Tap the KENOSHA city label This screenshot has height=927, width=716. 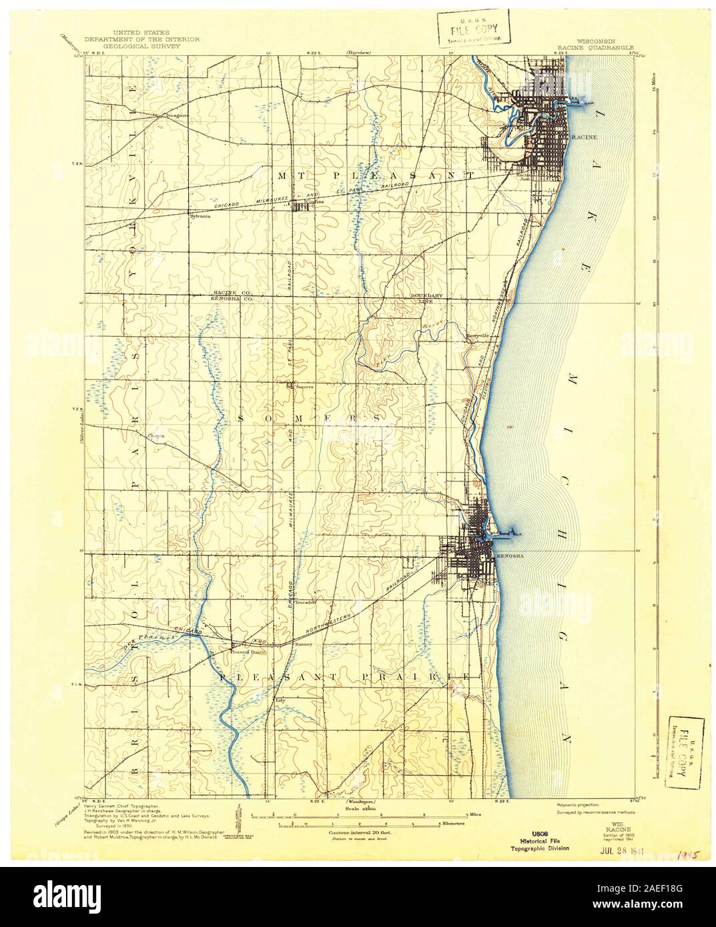click(506, 555)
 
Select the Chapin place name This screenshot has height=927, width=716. click(156, 436)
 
